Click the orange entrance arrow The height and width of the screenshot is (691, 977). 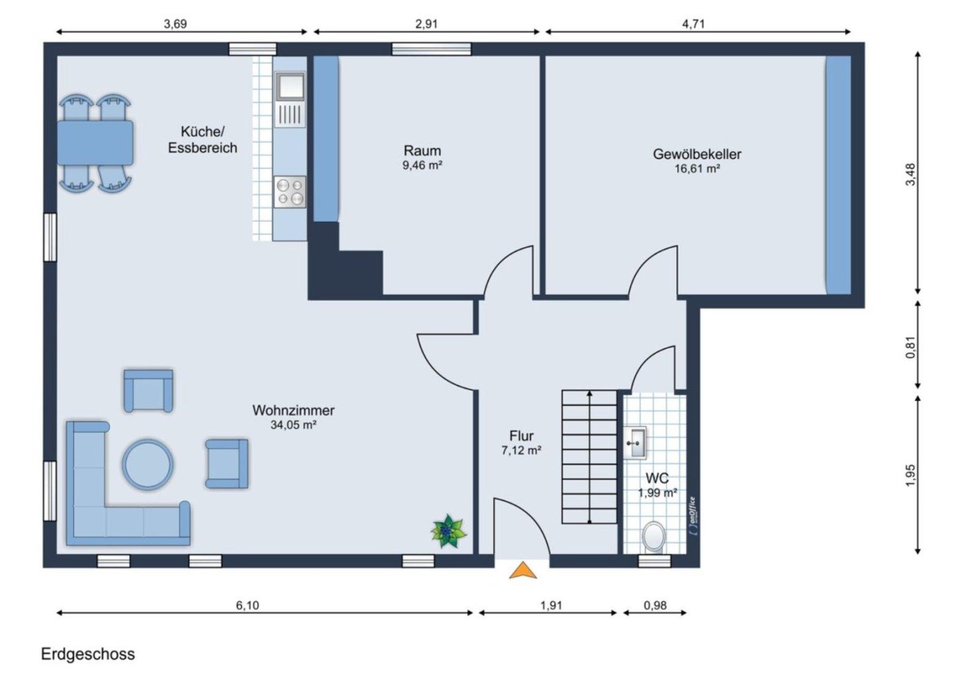coord(523,571)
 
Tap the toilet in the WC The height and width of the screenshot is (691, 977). coord(654,537)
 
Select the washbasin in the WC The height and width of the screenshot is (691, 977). coord(636,442)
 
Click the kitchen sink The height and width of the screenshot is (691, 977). coord(290,87)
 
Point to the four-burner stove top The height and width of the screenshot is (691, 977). coord(290,192)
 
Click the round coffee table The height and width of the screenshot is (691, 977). coord(148,464)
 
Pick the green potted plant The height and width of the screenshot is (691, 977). coord(448,531)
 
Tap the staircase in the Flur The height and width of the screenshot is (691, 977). coord(589,457)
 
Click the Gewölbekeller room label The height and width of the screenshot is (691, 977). coord(696,154)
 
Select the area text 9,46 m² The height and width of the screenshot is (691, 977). coord(422,166)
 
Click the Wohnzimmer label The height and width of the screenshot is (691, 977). coord(293,410)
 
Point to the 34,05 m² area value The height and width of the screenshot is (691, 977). coord(293,425)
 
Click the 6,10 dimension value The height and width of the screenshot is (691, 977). coord(247,605)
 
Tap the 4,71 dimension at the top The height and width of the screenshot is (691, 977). coord(693,23)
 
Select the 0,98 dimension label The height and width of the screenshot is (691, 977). coord(655,605)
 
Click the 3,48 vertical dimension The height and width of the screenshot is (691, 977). coord(911,174)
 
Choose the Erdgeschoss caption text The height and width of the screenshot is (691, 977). coord(88,654)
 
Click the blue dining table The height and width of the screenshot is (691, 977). coord(95,142)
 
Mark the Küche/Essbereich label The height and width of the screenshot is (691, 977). coord(202,140)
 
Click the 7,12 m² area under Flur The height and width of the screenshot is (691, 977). coord(521,451)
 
